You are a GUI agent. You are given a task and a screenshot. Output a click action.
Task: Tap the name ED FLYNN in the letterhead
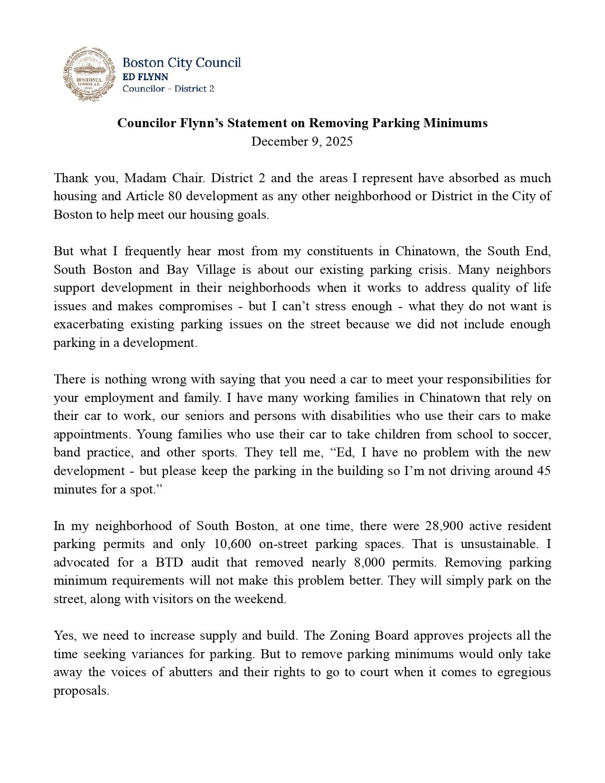click(145, 76)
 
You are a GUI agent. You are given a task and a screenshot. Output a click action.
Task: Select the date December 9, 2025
click(302, 141)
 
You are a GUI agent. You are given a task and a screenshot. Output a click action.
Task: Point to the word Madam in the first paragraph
click(144, 178)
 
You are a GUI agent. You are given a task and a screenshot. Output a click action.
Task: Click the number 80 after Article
click(171, 196)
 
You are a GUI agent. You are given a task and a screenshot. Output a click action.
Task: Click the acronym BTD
click(169, 562)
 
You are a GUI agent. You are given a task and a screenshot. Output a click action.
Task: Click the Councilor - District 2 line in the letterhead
click(168, 89)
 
